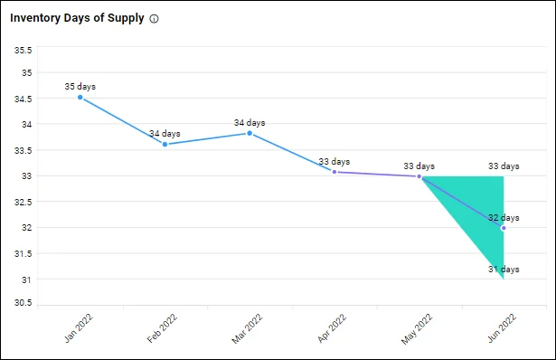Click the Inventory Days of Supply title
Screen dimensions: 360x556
click(77, 18)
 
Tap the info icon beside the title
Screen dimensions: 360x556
click(154, 19)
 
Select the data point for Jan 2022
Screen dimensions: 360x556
click(80, 97)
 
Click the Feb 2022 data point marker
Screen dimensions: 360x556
click(165, 144)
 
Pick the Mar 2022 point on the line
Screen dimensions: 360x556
click(250, 133)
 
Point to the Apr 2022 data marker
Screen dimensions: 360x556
click(335, 172)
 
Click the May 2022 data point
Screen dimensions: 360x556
click(419, 176)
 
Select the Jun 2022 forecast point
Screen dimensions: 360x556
click(503, 228)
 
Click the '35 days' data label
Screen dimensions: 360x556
click(80, 87)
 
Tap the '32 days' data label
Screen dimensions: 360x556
click(504, 218)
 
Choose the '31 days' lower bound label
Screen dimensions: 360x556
click(504, 270)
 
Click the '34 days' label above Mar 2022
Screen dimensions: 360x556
click(250, 123)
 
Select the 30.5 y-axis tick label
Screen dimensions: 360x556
click(21, 304)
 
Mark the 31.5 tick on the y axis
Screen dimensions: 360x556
click(21, 253)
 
